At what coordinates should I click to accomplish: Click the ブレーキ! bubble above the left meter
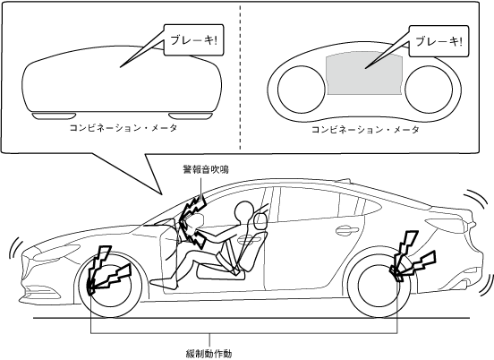pyautogui.click(x=194, y=40)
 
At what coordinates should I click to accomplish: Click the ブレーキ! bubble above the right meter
pyautogui.click(x=439, y=41)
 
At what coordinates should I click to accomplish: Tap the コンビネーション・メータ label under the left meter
pyautogui.click(x=123, y=128)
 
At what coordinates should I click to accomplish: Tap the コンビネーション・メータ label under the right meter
pyautogui.click(x=365, y=130)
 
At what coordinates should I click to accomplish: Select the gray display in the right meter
pyautogui.click(x=365, y=73)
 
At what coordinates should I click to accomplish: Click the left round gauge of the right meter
pyautogui.click(x=302, y=90)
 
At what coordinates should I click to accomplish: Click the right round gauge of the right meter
pyautogui.click(x=429, y=90)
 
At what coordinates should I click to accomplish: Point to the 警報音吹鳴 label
pyautogui.click(x=206, y=169)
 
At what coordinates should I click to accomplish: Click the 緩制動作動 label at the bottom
pyautogui.click(x=209, y=354)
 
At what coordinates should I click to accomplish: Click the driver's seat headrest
pyautogui.click(x=260, y=220)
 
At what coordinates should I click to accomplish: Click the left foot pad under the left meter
pyautogui.click(x=55, y=116)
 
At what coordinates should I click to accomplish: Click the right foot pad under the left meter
pyautogui.click(x=190, y=116)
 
